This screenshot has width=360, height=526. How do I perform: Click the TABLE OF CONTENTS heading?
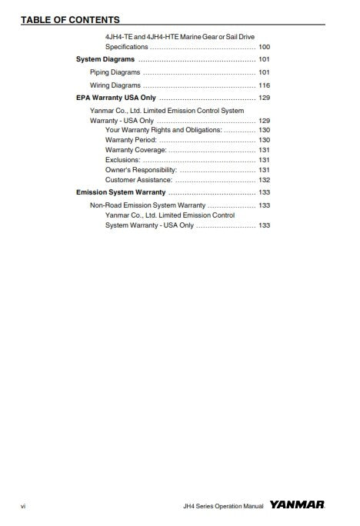pyautogui.click(x=70, y=19)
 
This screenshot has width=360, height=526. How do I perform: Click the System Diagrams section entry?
pyautogui.click(x=105, y=59)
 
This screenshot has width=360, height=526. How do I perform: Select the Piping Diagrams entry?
pyautogui.click(x=115, y=72)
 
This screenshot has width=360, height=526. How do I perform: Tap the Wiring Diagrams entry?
pyautogui.click(x=115, y=85)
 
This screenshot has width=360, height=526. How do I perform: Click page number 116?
pyautogui.click(x=264, y=85)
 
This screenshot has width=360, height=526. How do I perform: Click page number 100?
pyautogui.click(x=264, y=47)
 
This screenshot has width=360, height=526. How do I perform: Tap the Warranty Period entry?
pyautogui.click(x=131, y=140)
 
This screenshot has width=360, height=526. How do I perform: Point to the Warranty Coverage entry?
pyautogui.click(x=135, y=150)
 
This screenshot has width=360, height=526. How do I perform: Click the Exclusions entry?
pyautogui.click(x=122, y=160)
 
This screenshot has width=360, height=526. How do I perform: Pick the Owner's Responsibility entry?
pyautogui.click(x=141, y=170)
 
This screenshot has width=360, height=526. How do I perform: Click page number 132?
pyautogui.click(x=264, y=180)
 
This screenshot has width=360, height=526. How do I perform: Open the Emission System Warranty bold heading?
pyautogui.click(x=121, y=192)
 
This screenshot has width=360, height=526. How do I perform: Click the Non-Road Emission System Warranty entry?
pyautogui.click(x=148, y=205)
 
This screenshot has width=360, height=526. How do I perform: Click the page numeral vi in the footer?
pyautogui.click(x=24, y=507)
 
